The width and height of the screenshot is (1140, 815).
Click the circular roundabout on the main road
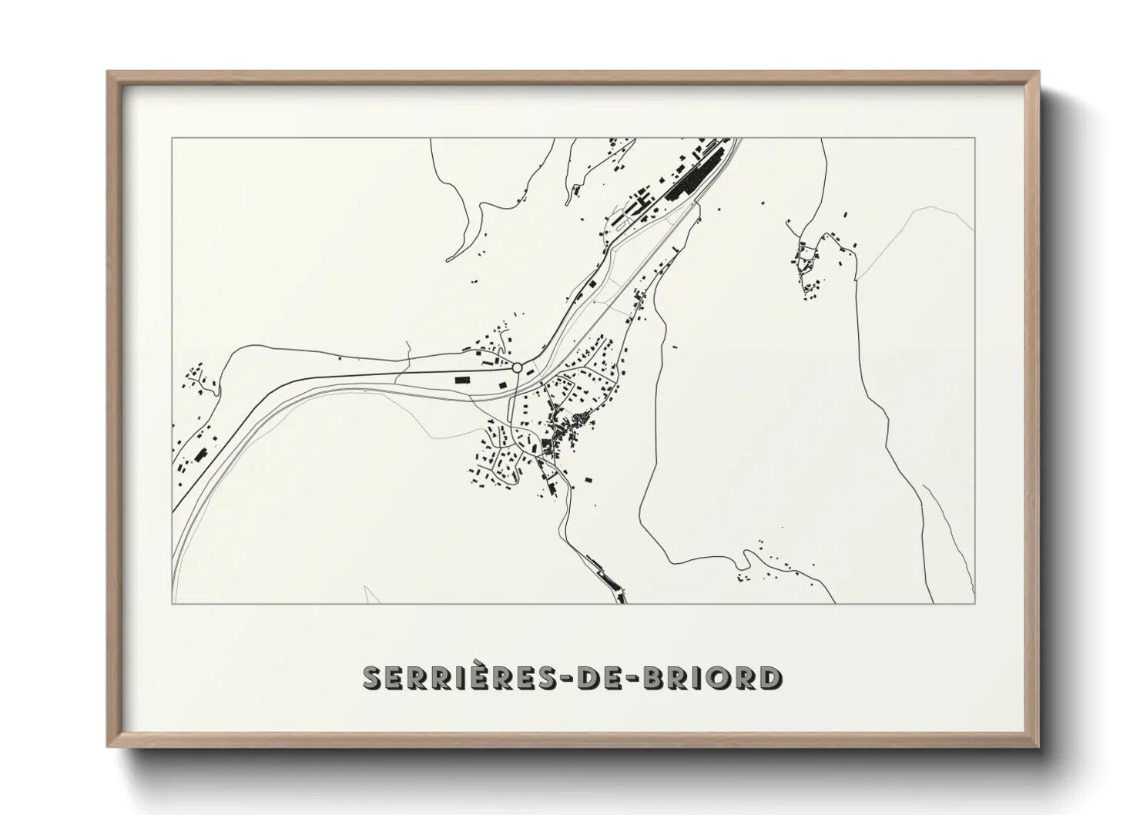[518, 367]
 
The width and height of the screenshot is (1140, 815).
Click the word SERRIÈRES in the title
[460, 678]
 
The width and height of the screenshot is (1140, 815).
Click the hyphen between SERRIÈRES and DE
[571, 679]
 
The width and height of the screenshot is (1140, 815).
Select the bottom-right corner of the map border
[975, 603]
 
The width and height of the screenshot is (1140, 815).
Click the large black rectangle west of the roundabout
[462, 379]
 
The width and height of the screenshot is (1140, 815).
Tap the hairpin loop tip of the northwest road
[449, 259]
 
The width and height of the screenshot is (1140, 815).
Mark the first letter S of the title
[373, 678]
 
